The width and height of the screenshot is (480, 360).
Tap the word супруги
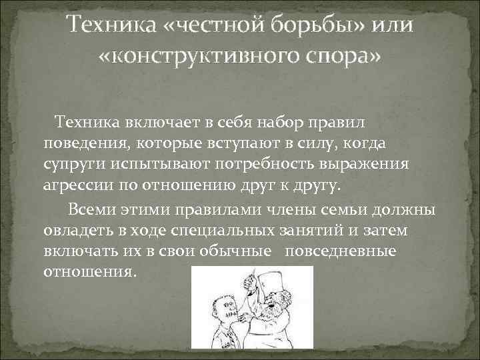[72, 164]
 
